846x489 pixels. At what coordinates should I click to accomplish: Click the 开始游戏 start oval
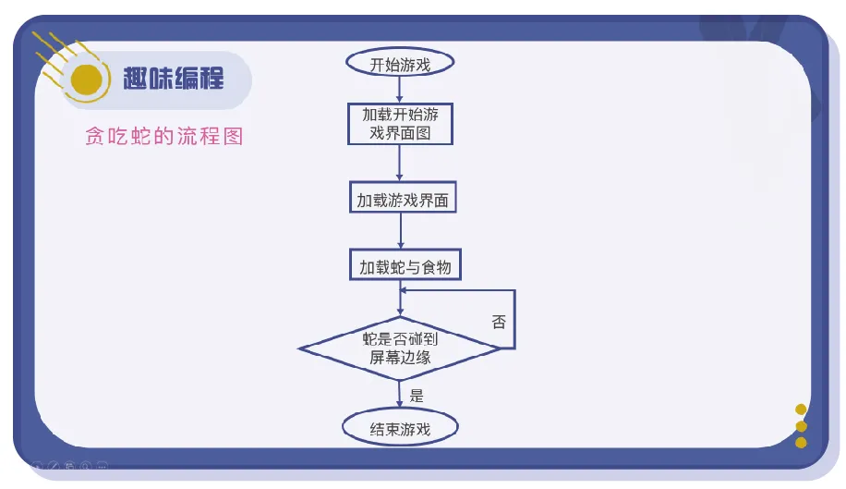click(400, 64)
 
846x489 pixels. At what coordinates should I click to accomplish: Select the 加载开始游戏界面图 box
click(400, 124)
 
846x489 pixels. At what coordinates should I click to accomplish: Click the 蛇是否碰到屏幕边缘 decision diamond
click(400, 348)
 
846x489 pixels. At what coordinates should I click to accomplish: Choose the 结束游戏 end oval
click(400, 429)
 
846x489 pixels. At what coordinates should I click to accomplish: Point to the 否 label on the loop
click(499, 322)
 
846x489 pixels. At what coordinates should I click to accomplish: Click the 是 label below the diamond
click(417, 396)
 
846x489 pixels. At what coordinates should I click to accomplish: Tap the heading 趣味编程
click(174, 78)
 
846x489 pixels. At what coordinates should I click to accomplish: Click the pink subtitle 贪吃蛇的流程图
click(163, 137)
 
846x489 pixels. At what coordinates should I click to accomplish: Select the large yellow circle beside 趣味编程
click(86, 80)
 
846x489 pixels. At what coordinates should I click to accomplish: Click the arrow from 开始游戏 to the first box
click(400, 90)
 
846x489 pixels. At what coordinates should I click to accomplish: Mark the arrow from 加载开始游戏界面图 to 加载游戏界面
click(400, 165)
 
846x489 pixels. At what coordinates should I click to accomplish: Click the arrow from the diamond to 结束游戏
click(400, 396)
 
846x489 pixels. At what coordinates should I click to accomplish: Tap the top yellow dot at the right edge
click(801, 410)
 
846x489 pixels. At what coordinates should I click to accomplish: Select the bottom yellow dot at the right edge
click(801, 442)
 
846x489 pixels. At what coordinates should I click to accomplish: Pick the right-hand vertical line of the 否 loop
click(514, 319)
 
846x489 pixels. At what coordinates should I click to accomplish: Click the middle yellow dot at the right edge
click(801, 426)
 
